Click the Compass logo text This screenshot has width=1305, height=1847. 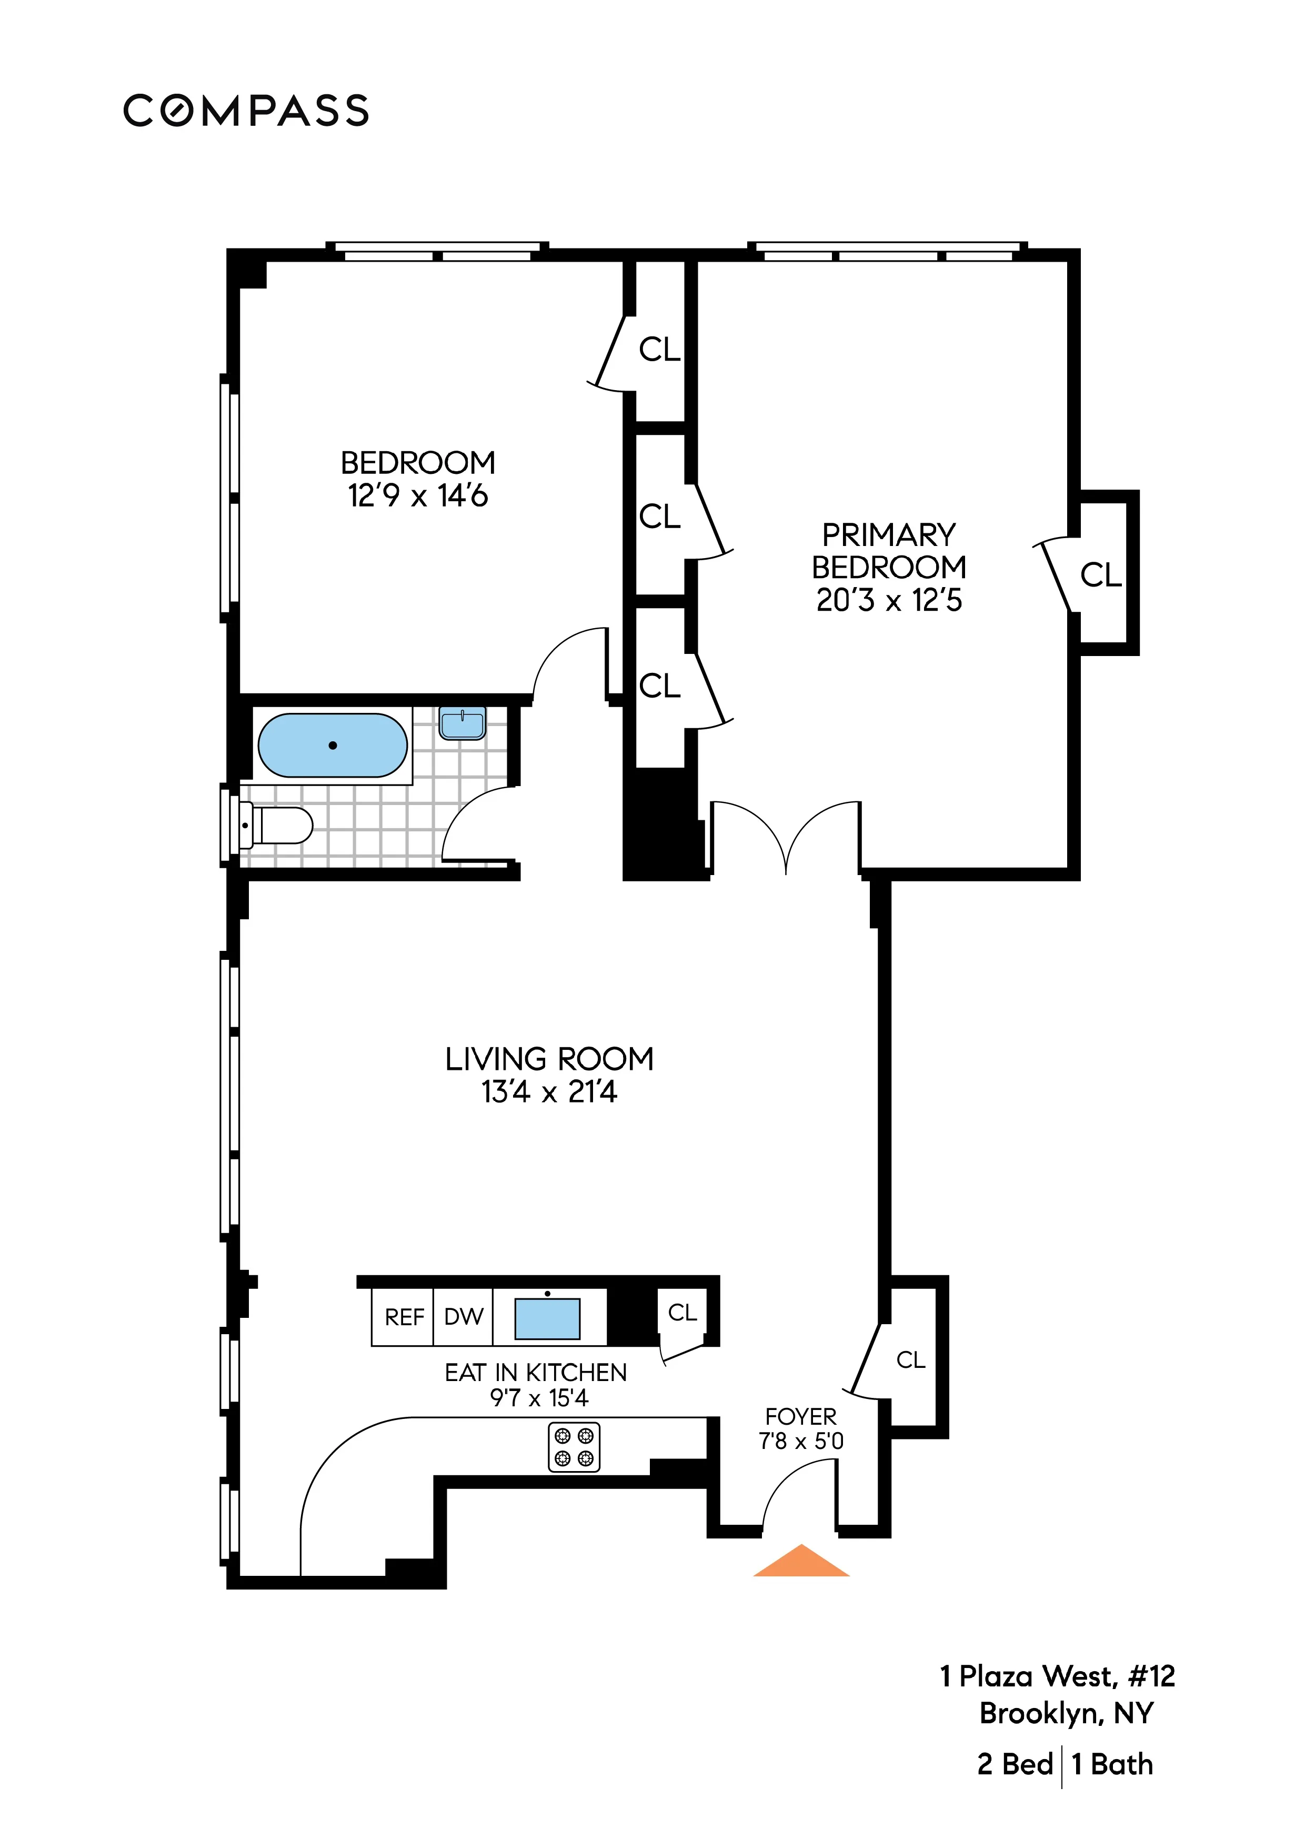[x=246, y=111]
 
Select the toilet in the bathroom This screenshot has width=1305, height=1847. [x=277, y=826]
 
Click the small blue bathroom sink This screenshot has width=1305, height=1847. [x=463, y=723]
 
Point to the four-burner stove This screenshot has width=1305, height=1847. [x=574, y=1447]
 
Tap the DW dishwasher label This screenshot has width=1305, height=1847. [x=463, y=1317]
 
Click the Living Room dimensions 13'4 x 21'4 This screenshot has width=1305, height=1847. [x=549, y=1093]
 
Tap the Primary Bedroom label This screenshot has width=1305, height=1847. [x=888, y=551]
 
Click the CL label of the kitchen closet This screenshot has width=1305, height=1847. [x=682, y=1313]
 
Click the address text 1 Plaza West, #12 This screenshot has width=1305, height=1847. [x=1057, y=1676]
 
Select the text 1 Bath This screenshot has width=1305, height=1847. [x=1113, y=1764]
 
